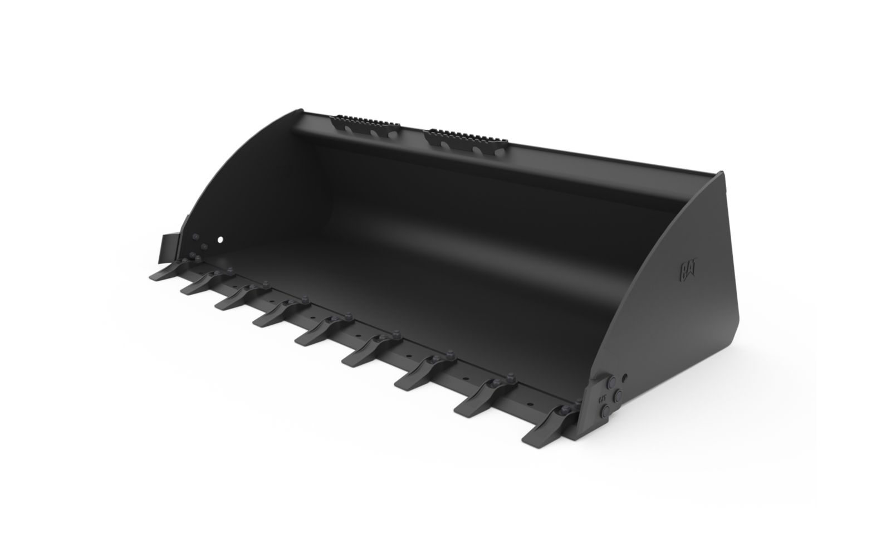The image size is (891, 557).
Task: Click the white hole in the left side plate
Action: (x=221, y=240)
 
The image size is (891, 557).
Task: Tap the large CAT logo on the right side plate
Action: (x=688, y=271)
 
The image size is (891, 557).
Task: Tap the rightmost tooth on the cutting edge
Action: (x=549, y=428)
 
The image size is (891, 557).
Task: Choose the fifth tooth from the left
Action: (x=323, y=331)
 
